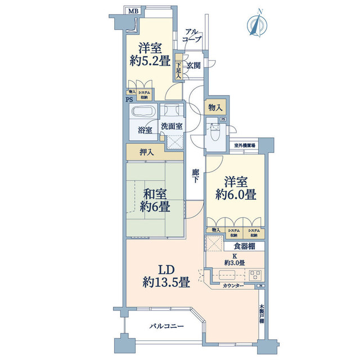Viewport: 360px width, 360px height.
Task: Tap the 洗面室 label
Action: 171,126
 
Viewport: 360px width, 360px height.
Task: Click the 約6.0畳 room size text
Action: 236,196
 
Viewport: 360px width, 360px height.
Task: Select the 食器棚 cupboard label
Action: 244,246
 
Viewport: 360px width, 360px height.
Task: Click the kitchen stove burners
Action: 254,276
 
